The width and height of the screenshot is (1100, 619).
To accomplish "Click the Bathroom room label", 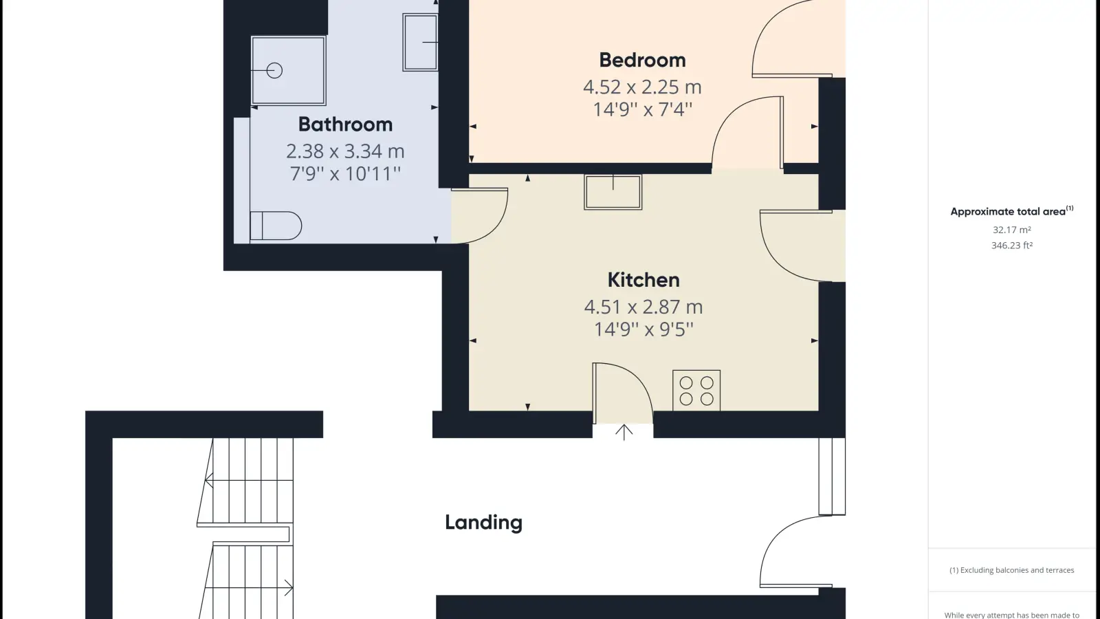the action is pyautogui.click(x=345, y=124).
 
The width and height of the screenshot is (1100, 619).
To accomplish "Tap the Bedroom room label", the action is pyautogui.click(x=642, y=60).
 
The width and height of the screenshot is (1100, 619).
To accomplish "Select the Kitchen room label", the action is pyautogui.click(x=643, y=280).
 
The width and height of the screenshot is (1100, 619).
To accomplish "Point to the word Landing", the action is pyautogui.click(x=484, y=523).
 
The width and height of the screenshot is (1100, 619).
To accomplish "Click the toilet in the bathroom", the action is pyautogui.click(x=276, y=226).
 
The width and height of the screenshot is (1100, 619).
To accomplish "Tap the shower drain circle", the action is pyautogui.click(x=274, y=71).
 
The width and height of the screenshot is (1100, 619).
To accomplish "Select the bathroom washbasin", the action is pyautogui.click(x=420, y=42).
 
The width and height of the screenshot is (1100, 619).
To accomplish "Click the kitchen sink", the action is pyautogui.click(x=613, y=192).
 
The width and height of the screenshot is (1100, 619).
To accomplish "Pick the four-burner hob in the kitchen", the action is pyautogui.click(x=696, y=391).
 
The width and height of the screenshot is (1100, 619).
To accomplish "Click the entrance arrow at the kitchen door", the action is pyautogui.click(x=624, y=433).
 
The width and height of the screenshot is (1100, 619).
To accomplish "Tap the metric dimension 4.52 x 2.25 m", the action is pyautogui.click(x=642, y=87).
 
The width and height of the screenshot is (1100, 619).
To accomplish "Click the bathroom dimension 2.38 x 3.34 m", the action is pyautogui.click(x=345, y=151).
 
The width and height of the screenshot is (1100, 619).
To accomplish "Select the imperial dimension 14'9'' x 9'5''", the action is pyautogui.click(x=643, y=329).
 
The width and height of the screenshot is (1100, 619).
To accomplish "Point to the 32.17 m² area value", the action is pyautogui.click(x=1011, y=230).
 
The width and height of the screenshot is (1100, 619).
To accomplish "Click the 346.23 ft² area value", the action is pyautogui.click(x=1011, y=245).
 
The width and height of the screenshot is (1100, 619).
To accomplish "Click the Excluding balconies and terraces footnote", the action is pyautogui.click(x=1011, y=570).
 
